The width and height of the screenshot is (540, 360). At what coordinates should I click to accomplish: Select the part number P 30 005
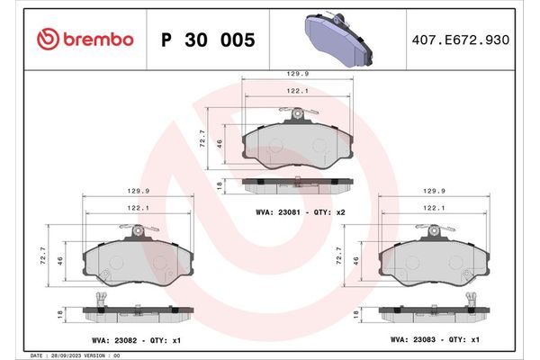(207, 40)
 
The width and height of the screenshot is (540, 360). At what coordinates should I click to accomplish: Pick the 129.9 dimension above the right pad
(434, 191)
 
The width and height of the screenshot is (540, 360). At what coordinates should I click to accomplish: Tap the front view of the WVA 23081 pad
(296, 142)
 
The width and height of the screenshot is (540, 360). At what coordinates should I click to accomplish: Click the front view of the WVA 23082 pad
(136, 262)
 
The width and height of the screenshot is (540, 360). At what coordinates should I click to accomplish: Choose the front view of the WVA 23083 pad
(433, 262)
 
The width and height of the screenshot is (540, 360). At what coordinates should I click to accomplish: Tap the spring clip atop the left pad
(137, 231)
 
